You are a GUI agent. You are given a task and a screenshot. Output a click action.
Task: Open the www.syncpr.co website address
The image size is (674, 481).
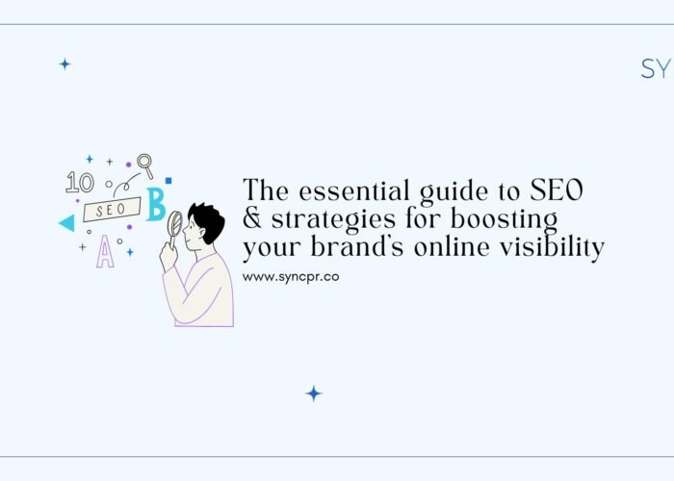[290, 276]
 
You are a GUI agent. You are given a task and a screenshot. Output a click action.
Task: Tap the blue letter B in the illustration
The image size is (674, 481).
[155, 205]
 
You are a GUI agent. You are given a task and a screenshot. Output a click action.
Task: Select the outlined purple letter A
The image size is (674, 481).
[104, 252]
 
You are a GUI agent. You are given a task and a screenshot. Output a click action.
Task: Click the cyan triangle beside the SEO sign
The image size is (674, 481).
[66, 223]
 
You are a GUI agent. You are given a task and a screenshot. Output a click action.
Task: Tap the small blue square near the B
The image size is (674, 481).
[168, 180]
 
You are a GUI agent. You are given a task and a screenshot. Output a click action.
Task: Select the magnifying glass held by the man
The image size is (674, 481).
[174, 224]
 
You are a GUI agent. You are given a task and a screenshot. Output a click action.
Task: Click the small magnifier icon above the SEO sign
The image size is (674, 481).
[145, 164]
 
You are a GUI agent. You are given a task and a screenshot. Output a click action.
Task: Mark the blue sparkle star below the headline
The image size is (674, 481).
[313, 392]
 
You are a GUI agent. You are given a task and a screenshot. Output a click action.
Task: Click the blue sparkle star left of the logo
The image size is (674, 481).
[65, 63]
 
